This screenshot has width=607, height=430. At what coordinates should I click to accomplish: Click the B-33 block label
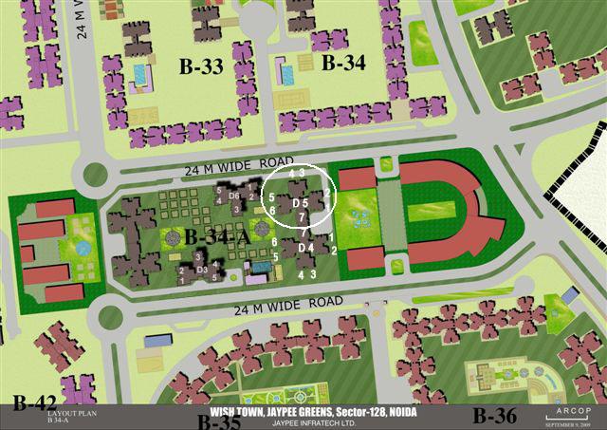[x=201, y=65]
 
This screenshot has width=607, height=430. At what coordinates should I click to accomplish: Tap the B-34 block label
[x=343, y=64]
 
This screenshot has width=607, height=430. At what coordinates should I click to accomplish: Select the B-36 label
[x=495, y=415]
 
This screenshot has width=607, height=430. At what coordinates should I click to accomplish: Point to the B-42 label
[x=34, y=402]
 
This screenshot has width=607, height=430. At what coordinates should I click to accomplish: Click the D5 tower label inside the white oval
[x=300, y=203]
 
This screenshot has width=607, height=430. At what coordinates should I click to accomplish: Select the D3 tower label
[x=201, y=270]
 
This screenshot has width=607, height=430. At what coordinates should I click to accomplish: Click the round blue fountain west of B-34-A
[x=83, y=248]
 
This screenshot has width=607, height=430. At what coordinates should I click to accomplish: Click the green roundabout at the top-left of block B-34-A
[x=95, y=174]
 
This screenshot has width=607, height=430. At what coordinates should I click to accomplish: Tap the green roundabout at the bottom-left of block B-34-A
[x=109, y=313]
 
